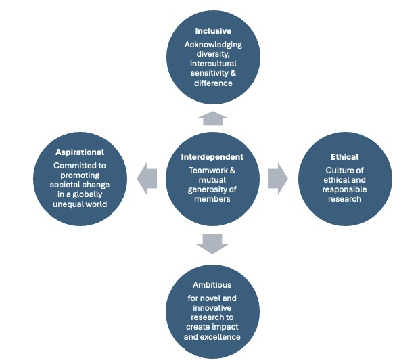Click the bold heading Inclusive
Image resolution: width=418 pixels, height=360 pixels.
[x=212, y=31]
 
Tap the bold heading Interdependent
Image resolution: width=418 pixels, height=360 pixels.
[x=212, y=156]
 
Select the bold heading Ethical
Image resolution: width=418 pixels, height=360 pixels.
[x=345, y=157]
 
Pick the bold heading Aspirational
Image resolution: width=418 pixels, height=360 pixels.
[x=80, y=152]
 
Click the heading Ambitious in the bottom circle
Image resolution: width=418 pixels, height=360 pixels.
[x=212, y=285]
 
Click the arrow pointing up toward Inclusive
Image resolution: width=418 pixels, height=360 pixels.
[x=212, y=118]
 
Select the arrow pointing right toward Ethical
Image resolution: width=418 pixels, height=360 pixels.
[x=277, y=178]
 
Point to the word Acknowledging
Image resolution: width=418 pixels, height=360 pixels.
[x=212, y=45]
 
